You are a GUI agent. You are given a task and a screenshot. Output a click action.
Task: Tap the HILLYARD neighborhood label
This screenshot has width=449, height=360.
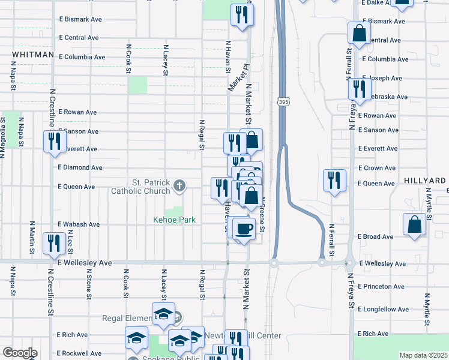tap(424, 181)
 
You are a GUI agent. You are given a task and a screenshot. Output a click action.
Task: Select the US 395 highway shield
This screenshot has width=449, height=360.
tap(282, 103)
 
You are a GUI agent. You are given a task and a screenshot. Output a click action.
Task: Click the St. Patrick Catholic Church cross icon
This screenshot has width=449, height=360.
tap(178, 187)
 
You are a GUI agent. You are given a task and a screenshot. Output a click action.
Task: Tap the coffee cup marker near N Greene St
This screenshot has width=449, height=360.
tap(244, 228)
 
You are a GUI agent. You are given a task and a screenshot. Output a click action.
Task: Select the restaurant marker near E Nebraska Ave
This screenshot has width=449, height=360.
tap(359, 89)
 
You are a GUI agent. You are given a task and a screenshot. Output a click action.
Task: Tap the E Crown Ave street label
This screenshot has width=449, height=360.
tap(376, 168)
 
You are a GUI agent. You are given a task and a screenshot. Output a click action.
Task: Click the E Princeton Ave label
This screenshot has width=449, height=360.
tap(380, 287)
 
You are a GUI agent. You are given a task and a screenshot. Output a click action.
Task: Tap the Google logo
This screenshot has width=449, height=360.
tap(20, 353)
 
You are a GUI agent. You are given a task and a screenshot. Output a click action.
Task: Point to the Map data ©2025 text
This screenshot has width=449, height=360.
tap(423, 355)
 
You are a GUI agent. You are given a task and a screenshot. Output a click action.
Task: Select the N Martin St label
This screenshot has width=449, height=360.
tap(31, 236)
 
